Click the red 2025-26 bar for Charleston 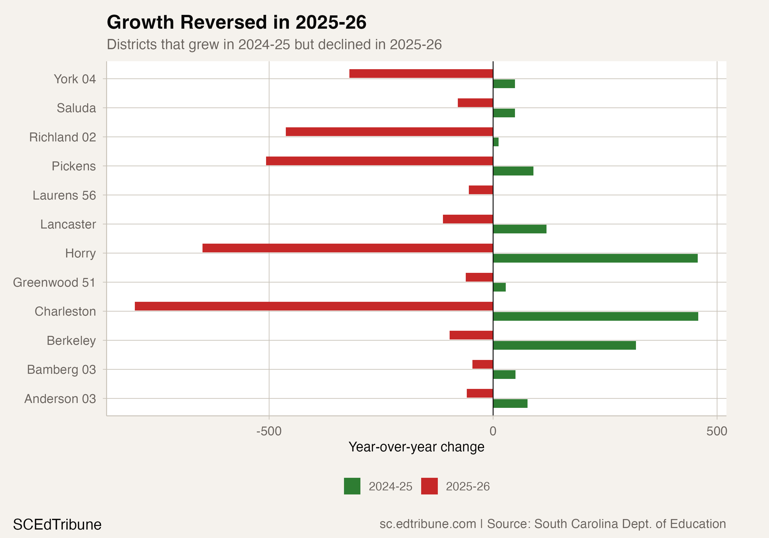pos(313,306)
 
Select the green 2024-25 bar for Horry pos(595,258)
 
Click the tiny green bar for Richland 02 pos(496,142)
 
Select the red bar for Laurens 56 pos(481,190)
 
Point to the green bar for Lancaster pos(520,229)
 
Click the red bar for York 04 pos(421,74)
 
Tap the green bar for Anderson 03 pos(510,403)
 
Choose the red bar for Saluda pos(475,103)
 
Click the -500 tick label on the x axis pos(269,431)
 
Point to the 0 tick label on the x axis pos(493,431)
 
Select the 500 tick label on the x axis pos(717,431)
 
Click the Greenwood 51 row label pos(54,283)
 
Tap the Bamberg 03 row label pos(61,370)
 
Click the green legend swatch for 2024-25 pos(352,486)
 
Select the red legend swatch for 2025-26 pos(429,486)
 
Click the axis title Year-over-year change pos(416,447)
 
